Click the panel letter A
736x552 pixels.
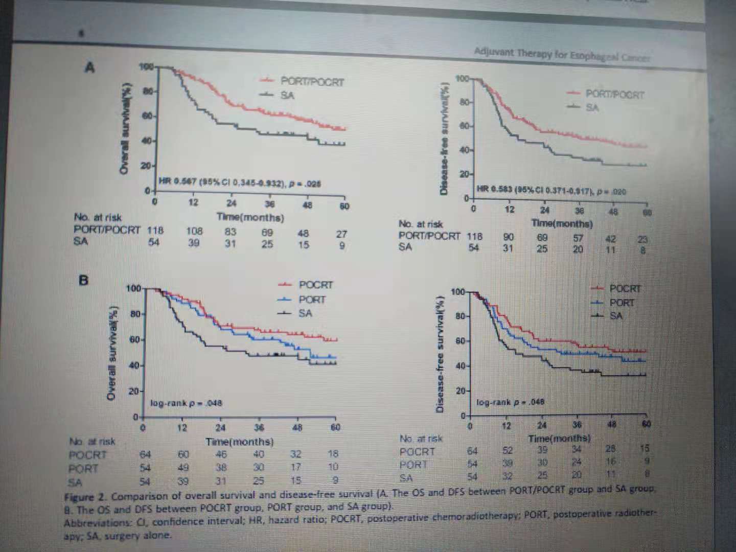[90, 67]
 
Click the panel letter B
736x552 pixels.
[83, 280]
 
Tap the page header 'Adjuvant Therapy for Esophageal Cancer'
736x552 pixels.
[562, 53]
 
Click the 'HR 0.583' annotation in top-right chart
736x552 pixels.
[494, 190]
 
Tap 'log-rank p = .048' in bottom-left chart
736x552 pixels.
[186, 403]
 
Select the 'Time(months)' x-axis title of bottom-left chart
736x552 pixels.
[240, 442]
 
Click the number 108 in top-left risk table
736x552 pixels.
[194, 231]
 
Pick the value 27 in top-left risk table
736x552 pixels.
[341, 234]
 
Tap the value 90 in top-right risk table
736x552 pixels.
[509, 237]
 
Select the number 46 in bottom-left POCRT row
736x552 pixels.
[221, 454]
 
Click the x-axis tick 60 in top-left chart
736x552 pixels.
[344, 206]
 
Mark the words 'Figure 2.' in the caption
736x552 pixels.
[80, 497]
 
